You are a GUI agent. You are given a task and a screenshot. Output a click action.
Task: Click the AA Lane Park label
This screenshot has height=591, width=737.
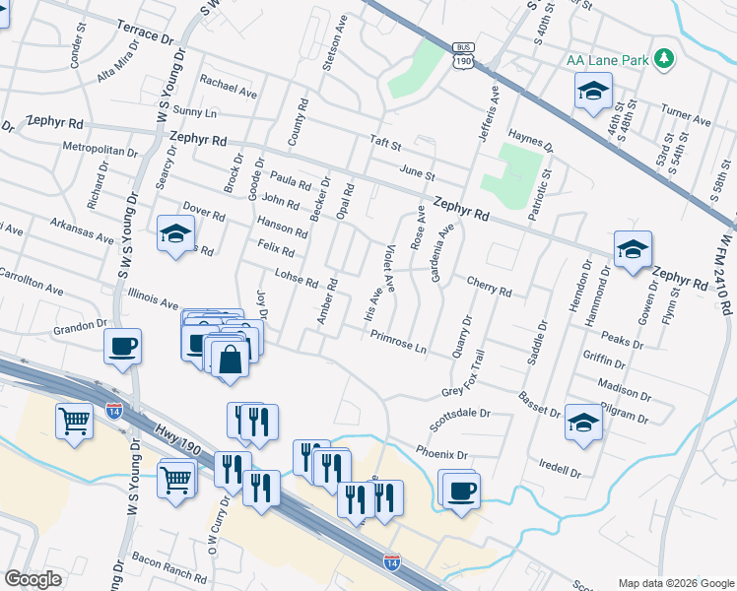click(608, 60)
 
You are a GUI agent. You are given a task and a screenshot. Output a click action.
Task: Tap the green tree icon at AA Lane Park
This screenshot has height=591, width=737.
click(665, 59)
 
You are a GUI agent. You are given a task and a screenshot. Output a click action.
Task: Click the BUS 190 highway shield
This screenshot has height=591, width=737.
click(463, 55)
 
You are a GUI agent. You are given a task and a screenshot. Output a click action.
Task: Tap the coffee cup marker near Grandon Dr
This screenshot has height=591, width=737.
click(123, 347)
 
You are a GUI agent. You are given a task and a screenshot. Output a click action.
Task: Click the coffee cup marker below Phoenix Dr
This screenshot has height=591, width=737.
click(459, 490)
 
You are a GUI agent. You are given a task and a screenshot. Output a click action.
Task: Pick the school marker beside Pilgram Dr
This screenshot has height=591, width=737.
click(583, 423)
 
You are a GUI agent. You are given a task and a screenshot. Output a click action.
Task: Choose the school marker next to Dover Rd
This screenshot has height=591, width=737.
click(175, 233)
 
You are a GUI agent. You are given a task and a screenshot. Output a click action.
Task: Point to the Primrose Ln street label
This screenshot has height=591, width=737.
click(398, 342)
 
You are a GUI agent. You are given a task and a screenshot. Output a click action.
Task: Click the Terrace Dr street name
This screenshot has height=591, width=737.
click(144, 32)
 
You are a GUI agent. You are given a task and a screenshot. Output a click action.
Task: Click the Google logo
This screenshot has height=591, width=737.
click(33, 579)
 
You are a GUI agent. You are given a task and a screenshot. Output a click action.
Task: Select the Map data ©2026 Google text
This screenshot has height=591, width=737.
click(675, 583)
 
